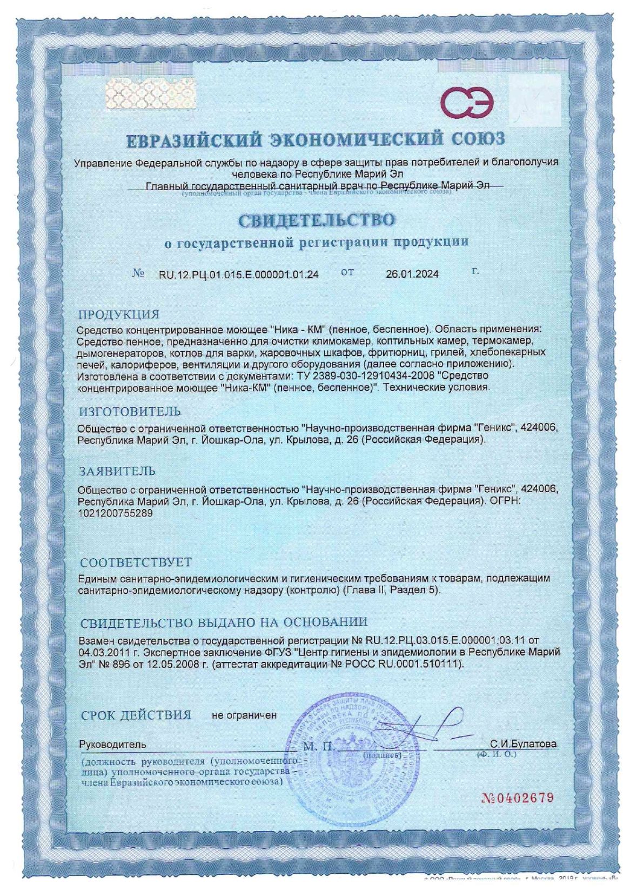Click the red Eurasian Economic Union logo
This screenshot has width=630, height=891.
click(467, 103)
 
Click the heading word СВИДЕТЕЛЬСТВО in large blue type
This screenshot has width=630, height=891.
click(316, 220)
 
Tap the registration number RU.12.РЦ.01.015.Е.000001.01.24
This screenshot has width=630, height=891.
click(238, 274)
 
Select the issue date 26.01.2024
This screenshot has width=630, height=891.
click(412, 274)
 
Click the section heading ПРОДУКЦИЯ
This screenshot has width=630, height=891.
click(119, 314)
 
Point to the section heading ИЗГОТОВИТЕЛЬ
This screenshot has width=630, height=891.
click(130, 412)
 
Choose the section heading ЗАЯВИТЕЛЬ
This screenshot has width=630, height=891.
click(117, 471)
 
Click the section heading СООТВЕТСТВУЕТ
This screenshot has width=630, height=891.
click(135, 563)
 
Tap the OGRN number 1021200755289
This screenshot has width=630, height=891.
click(115, 515)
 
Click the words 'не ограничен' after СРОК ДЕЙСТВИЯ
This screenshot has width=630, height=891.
click(244, 715)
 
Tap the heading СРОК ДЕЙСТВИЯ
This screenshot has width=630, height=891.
click(136, 715)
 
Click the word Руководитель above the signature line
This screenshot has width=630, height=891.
click(112, 744)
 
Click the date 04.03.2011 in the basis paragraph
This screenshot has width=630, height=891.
click(102, 652)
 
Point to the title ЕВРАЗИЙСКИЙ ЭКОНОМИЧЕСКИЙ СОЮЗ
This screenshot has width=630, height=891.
click(316, 139)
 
